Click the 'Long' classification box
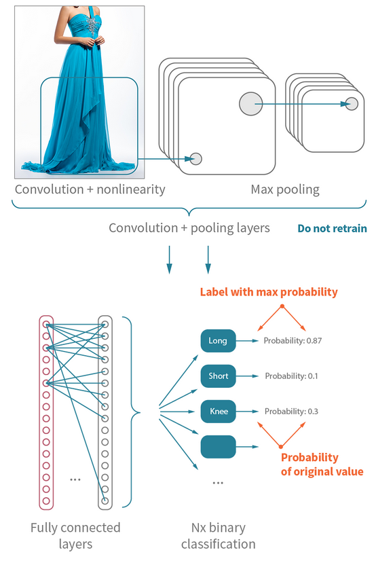click(218, 340)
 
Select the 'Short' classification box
click(218, 376)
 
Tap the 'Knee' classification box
click(218, 412)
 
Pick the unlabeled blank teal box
click(218, 447)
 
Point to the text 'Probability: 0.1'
click(291, 376)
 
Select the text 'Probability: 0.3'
click(291, 412)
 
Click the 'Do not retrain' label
click(332, 228)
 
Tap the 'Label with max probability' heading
click(268, 292)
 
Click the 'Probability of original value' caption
click(322, 465)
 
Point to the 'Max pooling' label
click(285, 189)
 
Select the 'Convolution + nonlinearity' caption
click(90, 189)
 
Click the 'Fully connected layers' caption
click(75, 536)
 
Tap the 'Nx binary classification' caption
click(218, 536)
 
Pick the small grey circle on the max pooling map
click(351, 103)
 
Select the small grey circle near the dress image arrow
click(195, 159)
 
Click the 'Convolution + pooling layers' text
click(189, 228)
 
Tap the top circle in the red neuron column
click(46, 325)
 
